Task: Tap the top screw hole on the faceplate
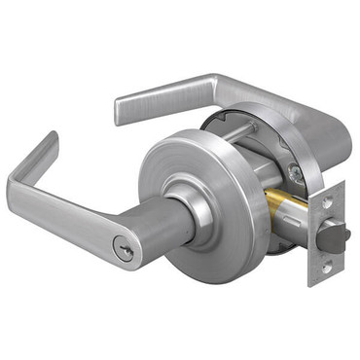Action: [x=328, y=203]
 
